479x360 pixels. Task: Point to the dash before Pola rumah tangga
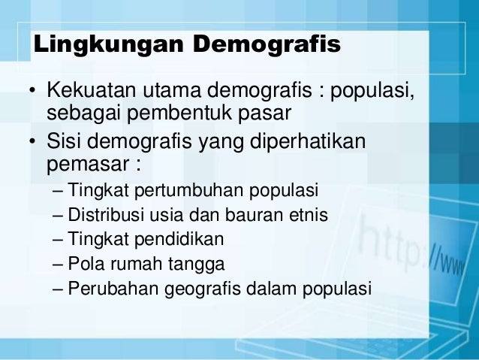(59, 264)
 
